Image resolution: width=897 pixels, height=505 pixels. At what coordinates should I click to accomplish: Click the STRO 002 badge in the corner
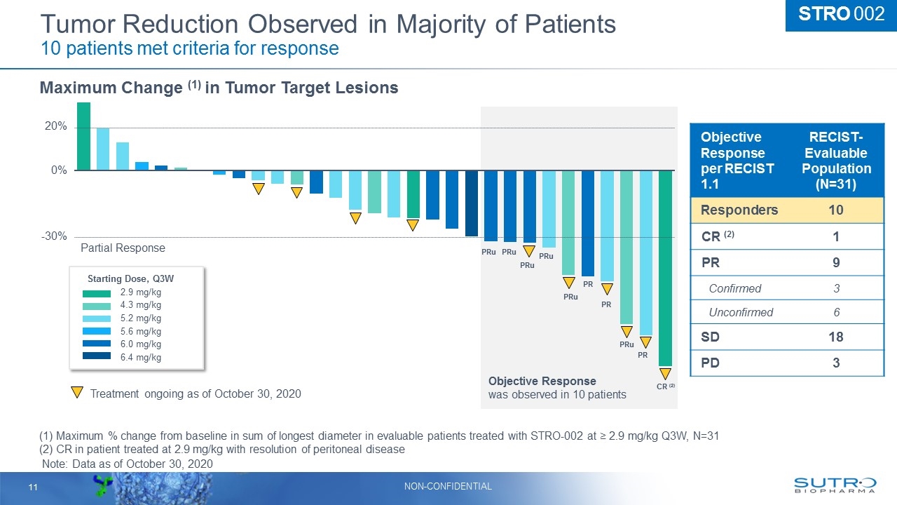coord(840,15)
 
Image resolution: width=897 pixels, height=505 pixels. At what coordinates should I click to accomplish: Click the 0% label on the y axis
coord(58,170)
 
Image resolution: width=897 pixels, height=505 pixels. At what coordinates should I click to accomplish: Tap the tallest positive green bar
coord(83,136)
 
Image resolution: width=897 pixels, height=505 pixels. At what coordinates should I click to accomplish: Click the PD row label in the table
coord(711,363)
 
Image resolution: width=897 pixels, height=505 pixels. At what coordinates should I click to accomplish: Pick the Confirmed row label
coord(734,288)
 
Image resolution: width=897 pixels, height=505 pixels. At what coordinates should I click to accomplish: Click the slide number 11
coord(32,487)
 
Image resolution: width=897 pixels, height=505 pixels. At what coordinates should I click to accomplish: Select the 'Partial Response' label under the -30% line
coord(123,248)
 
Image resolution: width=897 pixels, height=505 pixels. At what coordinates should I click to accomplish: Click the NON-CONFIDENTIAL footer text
coord(448,486)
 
